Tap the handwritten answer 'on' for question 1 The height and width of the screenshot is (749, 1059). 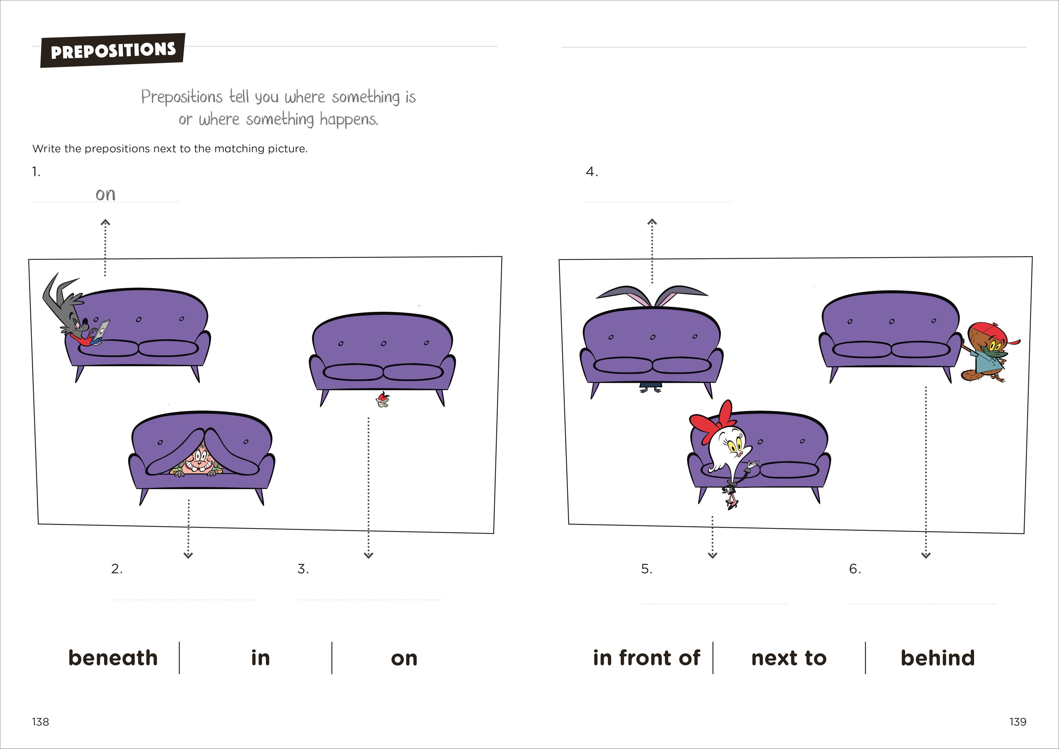point(106,194)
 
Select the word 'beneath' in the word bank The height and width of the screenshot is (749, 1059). point(113,658)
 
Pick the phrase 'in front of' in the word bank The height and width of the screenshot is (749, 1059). point(646,658)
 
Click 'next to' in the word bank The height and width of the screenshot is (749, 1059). point(789,658)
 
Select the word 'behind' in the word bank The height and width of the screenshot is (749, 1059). point(938,658)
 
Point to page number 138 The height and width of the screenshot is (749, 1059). point(41,722)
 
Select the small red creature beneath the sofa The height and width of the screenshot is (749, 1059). point(382,400)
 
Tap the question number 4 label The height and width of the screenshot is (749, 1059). point(592,172)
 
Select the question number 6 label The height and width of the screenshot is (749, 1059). point(855,569)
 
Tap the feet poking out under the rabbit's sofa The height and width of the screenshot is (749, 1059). point(650,389)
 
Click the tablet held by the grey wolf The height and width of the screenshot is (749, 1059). point(102,330)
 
